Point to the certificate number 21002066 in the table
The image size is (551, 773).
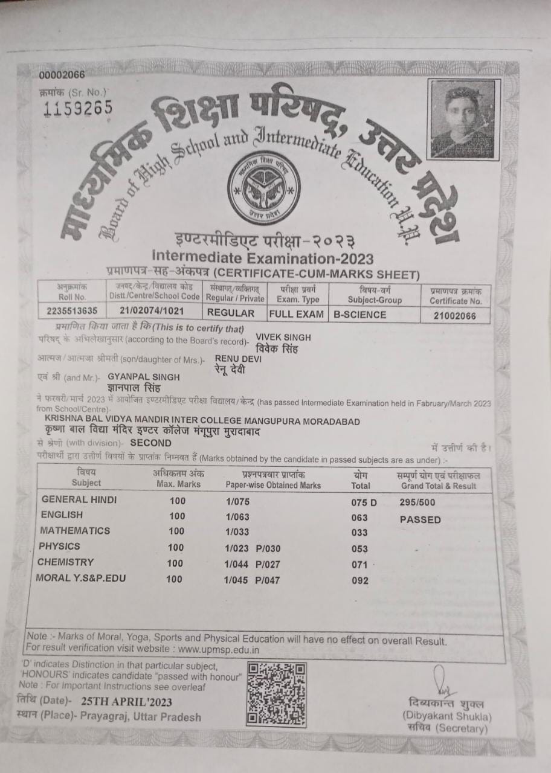click(x=455, y=315)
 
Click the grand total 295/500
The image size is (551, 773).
click(x=417, y=502)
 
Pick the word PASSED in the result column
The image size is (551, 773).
click(x=420, y=519)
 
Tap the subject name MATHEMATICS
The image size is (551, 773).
click(x=75, y=531)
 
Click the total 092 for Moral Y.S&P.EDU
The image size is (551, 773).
click(x=359, y=581)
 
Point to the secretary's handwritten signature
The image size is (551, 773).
click(x=443, y=682)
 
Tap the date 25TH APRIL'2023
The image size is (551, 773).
click(x=125, y=702)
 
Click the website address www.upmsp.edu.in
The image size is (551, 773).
click(x=219, y=650)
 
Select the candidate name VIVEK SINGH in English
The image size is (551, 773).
click(x=283, y=338)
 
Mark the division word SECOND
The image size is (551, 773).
click(x=150, y=443)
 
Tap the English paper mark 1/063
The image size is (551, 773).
click(x=237, y=516)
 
